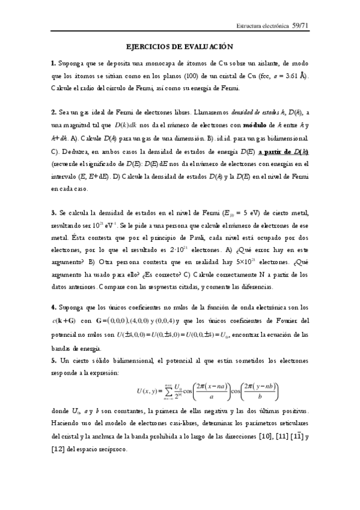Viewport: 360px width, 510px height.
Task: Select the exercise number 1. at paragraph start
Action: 53,63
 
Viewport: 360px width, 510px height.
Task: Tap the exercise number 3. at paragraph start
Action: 53,213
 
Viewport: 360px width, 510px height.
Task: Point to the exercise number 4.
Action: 53,307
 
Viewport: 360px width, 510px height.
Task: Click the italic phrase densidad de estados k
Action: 255,112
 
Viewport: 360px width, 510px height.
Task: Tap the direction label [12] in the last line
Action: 61,450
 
